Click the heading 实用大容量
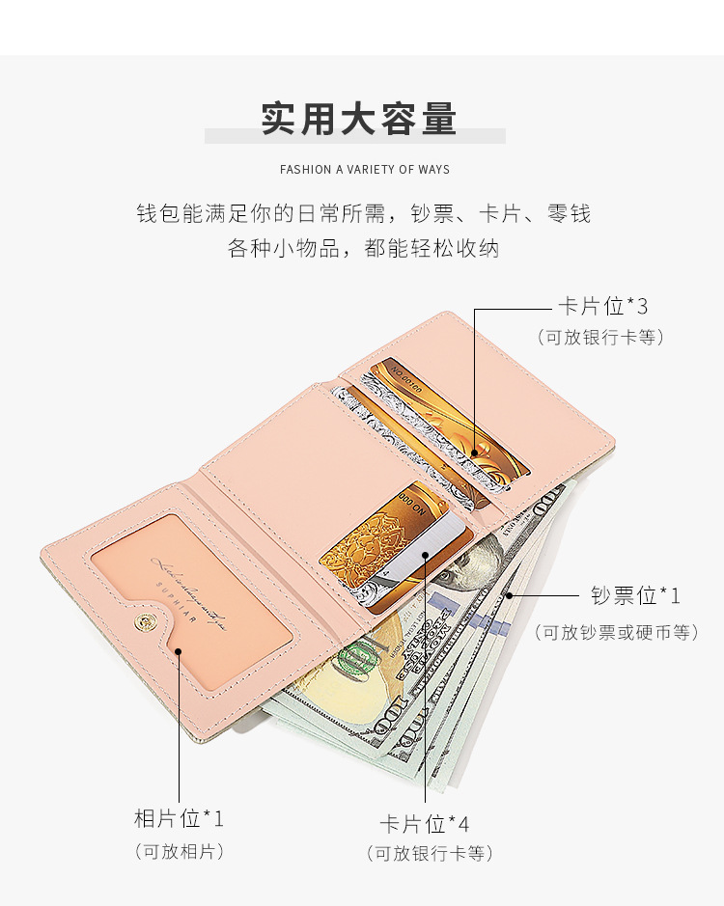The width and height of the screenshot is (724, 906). click(x=358, y=120)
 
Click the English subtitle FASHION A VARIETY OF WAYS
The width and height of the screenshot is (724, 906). click(x=364, y=170)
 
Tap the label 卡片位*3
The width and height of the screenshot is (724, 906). click(x=602, y=307)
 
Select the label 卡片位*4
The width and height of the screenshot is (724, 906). click(x=425, y=824)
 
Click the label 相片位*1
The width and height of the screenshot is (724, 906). click(x=179, y=819)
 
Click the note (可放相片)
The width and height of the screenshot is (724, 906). click(x=179, y=851)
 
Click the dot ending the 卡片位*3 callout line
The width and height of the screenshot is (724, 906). click(x=475, y=452)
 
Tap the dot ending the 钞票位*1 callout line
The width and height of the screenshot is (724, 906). click(x=509, y=595)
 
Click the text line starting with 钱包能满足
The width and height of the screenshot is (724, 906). click(x=363, y=214)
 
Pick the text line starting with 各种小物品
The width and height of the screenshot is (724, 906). click(x=363, y=248)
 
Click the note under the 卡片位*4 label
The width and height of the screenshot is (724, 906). click(x=429, y=854)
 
